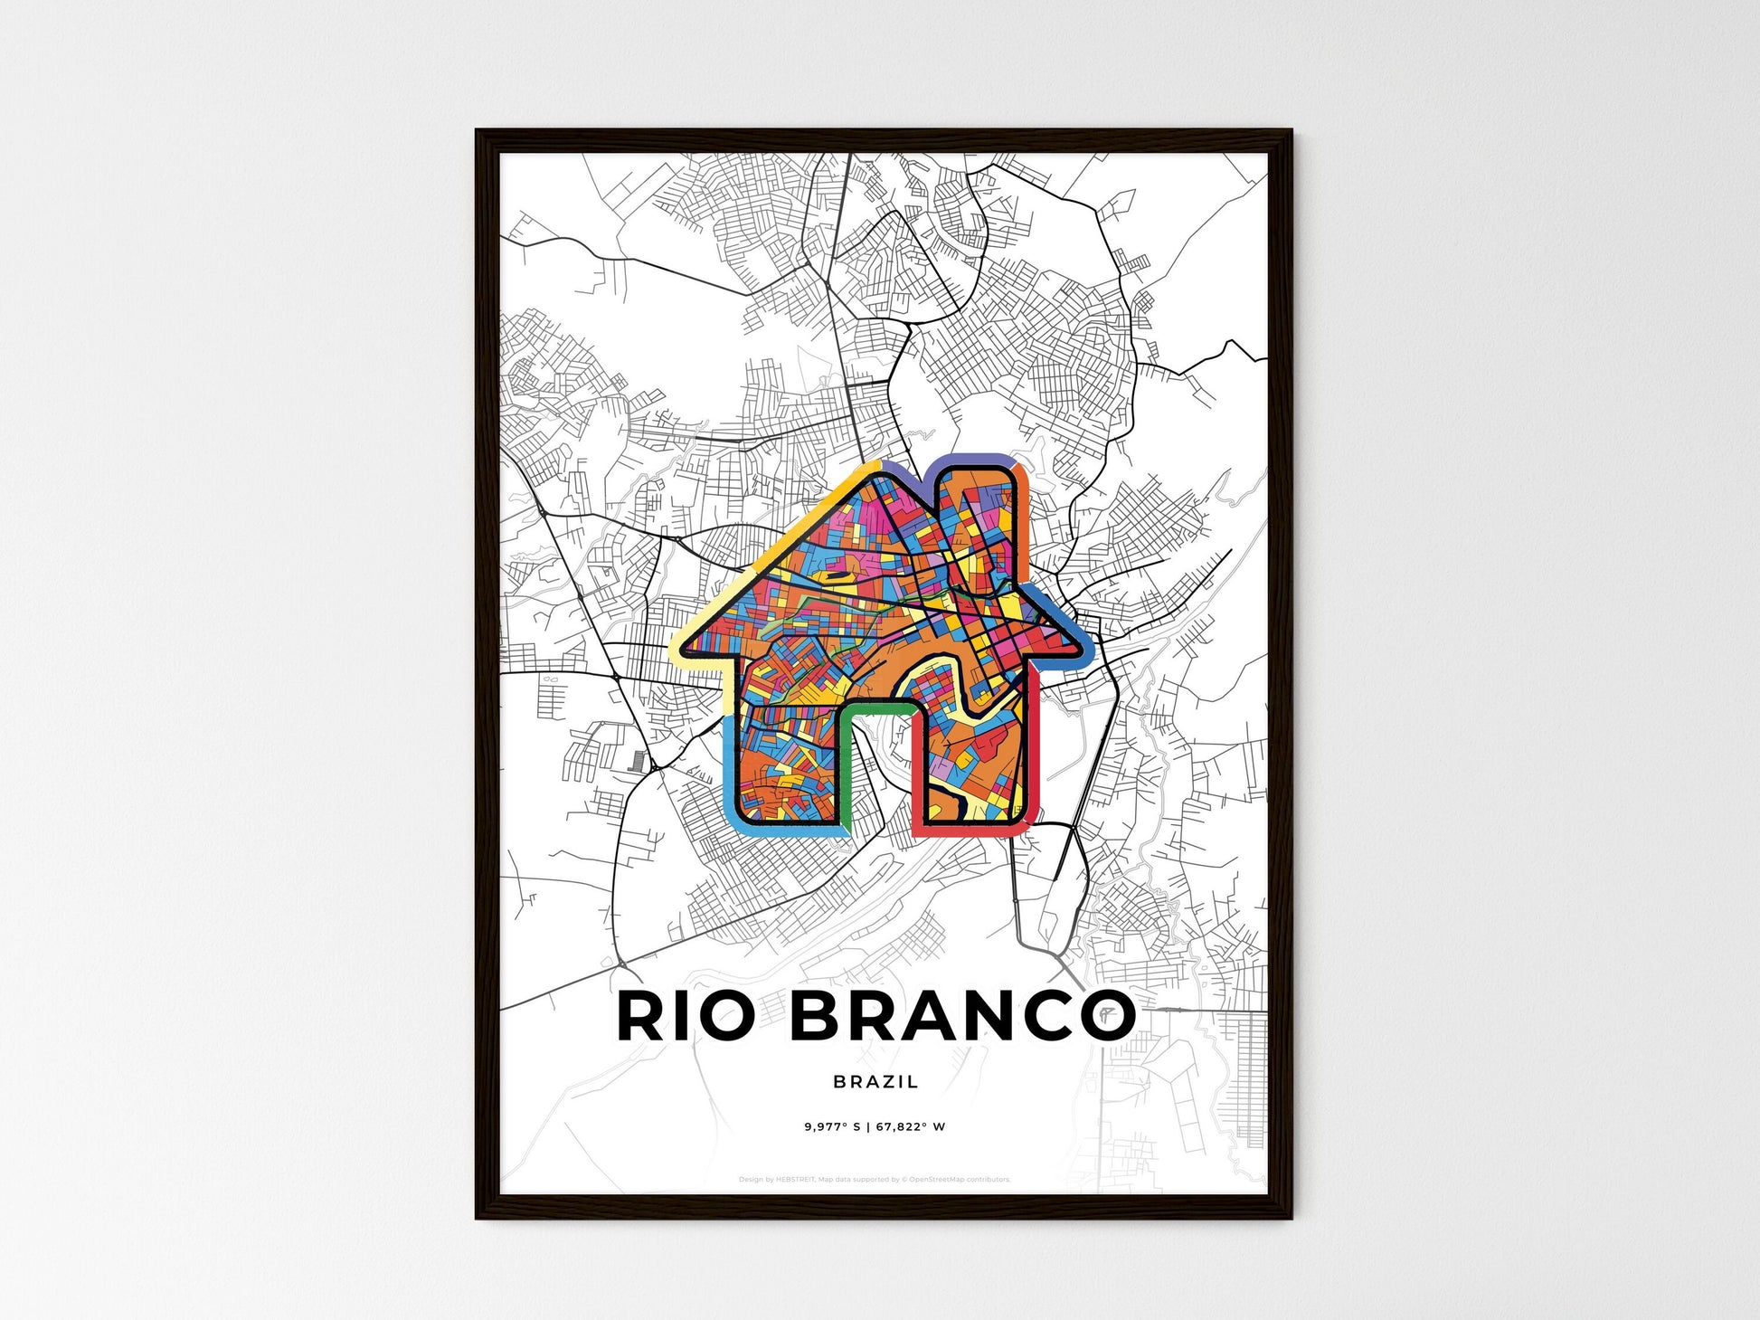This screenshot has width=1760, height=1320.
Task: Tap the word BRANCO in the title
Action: pyautogui.click(x=963, y=1015)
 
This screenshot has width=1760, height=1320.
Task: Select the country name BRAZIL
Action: pyautogui.click(x=875, y=1081)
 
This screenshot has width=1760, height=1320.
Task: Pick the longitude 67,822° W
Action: pyautogui.click(x=913, y=1127)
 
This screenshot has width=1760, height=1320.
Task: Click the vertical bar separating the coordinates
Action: pyautogui.click(x=873, y=1127)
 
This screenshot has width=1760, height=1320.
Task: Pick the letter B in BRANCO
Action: pyautogui.click(x=818, y=1015)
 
